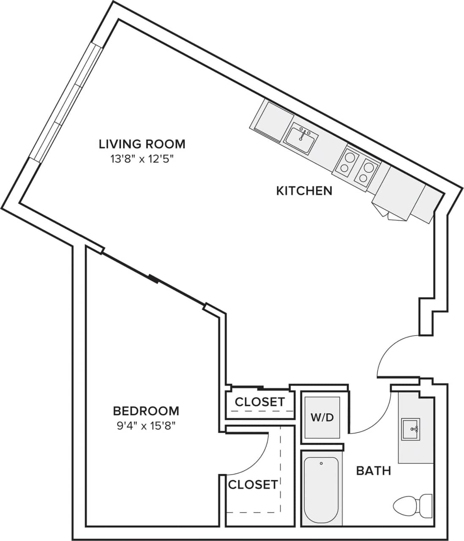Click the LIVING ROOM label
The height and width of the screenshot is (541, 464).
click(142, 144)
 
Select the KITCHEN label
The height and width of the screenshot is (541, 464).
click(304, 191)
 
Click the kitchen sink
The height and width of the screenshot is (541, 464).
click(301, 138)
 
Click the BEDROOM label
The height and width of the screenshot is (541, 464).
click(146, 411)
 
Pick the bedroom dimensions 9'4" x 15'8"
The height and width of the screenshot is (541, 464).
click(146, 426)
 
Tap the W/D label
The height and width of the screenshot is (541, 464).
click(322, 418)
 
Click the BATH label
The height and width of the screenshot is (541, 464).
click(373, 470)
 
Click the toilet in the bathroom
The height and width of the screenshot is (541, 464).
click(412, 505)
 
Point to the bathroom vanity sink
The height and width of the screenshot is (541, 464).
click(410, 430)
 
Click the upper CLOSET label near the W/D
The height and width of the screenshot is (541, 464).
click(259, 402)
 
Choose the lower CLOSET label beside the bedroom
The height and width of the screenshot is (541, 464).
click(253, 484)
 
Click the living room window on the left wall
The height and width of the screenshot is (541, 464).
click(66, 101)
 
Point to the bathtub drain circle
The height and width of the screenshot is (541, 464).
click(321, 464)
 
